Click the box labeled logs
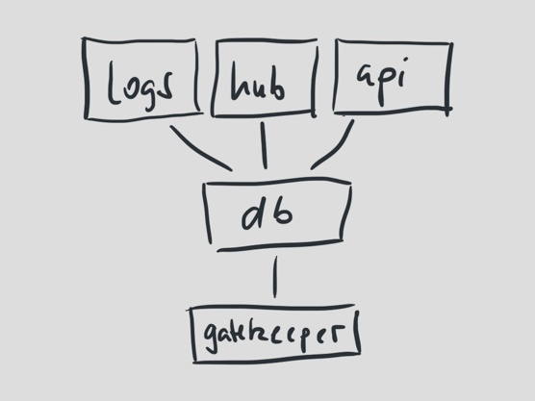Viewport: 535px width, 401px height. point(86,79)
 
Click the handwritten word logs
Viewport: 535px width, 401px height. point(140,87)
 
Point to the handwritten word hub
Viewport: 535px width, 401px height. point(257,82)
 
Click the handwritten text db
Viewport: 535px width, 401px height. point(267,213)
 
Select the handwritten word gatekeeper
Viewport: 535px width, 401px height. point(273,335)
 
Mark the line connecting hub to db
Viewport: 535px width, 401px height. point(264,145)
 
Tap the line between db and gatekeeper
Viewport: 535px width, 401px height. point(275,277)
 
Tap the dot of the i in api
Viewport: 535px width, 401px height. point(405,61)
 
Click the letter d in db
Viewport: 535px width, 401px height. point(254,213)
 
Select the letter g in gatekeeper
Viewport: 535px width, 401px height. point(212,337)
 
